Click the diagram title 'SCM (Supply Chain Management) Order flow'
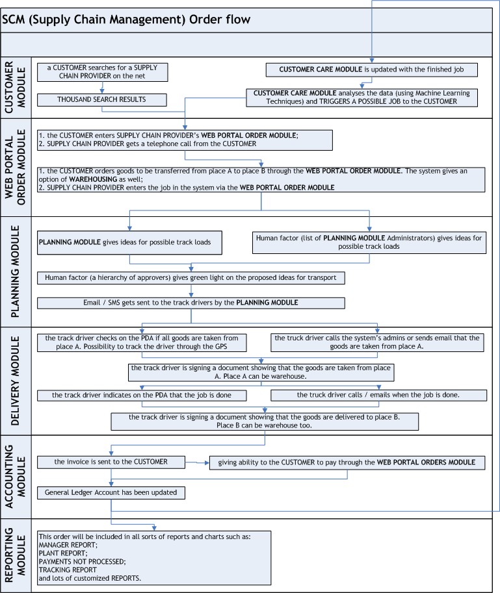(126, 19)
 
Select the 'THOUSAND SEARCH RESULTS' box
(102, 100)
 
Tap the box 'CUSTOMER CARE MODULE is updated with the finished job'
(372, 70)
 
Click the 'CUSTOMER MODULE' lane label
(15, 88)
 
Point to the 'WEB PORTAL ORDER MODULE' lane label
(15, 168)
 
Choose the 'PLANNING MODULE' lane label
(15, 271)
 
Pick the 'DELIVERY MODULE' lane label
(15, 381)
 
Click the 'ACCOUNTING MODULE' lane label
(15, 477)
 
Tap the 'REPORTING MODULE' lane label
(15, 555)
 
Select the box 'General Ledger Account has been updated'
(111, 493)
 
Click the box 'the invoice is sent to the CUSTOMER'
(111, 462)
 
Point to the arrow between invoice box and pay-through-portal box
(197, 462)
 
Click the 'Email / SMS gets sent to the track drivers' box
(191, 303)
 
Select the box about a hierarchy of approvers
(191, 278)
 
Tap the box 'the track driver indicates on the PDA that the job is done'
(142, 396)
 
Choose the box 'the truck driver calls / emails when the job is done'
(378, 395)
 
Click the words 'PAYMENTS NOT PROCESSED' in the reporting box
(82, 562)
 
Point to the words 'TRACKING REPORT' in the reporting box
(68, 570)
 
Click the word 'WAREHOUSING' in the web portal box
(93, 179)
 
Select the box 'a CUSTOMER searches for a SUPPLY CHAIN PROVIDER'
(102, 72)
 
